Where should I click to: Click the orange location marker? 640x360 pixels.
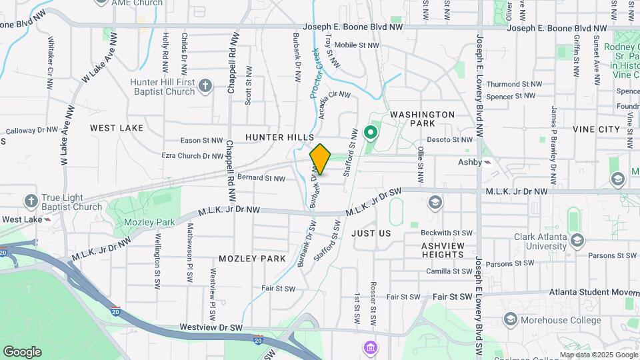(321, 159)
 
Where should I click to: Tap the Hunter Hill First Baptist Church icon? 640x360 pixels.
(205, 85)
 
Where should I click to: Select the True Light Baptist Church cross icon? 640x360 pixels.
(31, 201)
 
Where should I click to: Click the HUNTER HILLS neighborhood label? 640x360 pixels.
(279, 137)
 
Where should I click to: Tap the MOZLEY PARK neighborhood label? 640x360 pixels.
(252, 259)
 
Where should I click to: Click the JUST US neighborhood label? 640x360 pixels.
(371, 233)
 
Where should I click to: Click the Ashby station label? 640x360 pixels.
(469, 162)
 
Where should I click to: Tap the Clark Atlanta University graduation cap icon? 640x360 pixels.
(577, 239)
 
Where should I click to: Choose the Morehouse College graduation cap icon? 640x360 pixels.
(511, 320)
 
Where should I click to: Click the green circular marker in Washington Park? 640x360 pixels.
(371, 134)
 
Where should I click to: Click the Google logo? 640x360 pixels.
(22, 351)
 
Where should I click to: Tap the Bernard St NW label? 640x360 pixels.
(261, 179)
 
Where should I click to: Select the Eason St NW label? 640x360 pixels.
(202, 141)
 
